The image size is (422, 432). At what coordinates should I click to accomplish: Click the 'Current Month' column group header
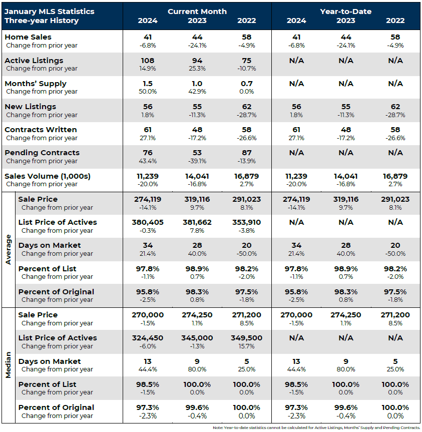click(197, 11)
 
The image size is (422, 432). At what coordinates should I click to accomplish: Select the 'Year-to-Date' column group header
click(345, 11)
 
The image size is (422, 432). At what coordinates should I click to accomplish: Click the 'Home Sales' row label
click(28, 37)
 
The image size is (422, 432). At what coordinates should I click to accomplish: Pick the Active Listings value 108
click(147, 60)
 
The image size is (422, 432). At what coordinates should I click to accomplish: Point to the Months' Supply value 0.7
click(246, 83)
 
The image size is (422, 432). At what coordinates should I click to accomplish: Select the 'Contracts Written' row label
click(37, 130)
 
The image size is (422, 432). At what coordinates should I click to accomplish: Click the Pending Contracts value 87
click(246, 153)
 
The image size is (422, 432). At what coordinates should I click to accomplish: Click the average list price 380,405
click(147, 222)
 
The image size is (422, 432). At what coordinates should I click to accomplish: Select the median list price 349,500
click(246, 338)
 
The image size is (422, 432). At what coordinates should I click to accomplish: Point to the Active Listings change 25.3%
click(197, 69)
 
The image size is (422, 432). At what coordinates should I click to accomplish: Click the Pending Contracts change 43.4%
click(147, 161)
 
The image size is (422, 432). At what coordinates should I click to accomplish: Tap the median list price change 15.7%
click(246, 346)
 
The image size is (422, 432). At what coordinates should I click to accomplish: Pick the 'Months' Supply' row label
click(36, 83)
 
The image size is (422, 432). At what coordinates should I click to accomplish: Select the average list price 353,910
click(246, 222)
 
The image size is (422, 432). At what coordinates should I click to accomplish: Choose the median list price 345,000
click(197, 338)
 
